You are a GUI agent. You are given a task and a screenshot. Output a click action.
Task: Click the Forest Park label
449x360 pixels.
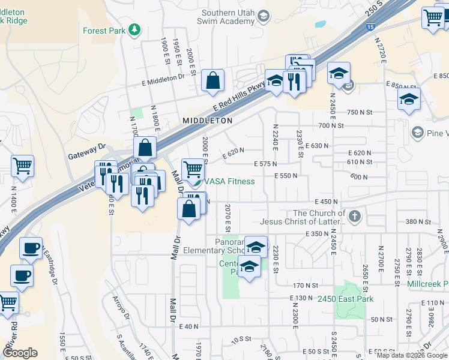103,31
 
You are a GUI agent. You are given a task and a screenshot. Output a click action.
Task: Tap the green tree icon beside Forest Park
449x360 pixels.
136,29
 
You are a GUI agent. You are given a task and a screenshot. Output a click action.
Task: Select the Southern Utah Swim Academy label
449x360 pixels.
228,17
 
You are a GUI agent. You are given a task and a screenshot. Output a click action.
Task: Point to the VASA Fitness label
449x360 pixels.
231,181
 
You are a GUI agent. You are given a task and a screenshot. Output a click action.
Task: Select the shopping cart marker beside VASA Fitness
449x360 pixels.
193,169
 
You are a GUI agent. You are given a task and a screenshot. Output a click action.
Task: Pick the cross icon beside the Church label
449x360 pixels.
354,216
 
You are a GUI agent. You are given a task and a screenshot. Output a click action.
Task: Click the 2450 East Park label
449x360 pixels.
345,299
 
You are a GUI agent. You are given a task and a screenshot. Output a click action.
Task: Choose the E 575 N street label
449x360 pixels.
265,164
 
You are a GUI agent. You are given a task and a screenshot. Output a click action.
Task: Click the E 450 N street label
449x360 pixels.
321,202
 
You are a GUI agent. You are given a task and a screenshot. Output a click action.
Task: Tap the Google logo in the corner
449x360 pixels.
21,352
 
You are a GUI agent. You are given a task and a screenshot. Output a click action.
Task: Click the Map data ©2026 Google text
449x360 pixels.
412,355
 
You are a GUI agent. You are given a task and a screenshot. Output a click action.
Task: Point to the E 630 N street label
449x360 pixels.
316,146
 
